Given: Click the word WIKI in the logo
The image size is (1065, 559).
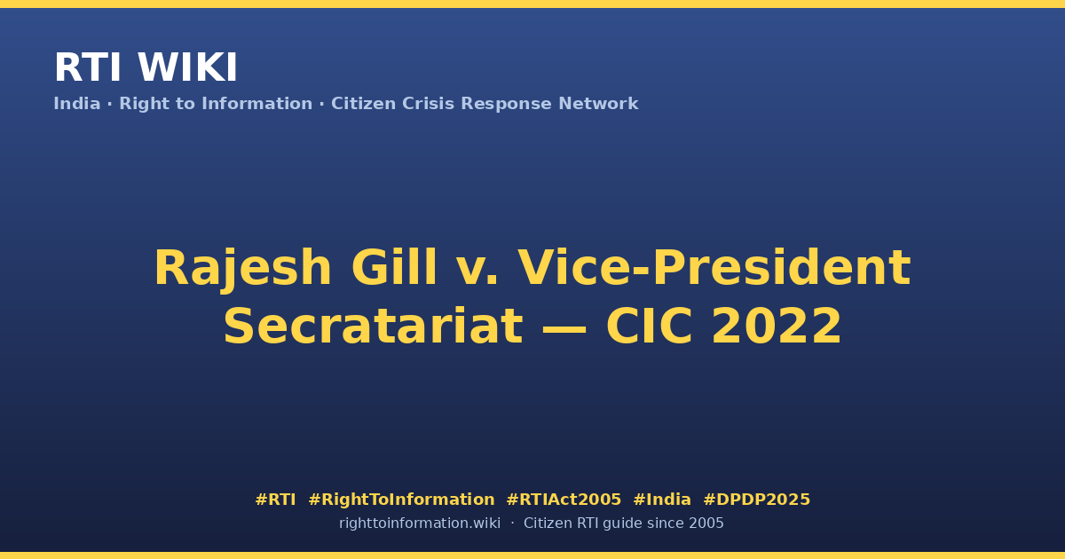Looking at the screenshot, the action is click(x=187, y=67).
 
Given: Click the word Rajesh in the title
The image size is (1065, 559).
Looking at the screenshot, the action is click(x=242, y=269).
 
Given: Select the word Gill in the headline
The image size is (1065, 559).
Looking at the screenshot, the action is click(x=394, y=267).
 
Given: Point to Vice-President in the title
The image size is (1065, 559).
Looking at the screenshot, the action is click(x=714, y=267).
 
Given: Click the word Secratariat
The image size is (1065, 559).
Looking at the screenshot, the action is click(x=374, y=327).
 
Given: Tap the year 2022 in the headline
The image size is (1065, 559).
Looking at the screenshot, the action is click(x=777, y=327).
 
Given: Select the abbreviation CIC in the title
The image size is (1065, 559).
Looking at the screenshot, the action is click(x=649, y=327).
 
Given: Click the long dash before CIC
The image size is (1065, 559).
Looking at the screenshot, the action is click(x=564, y=328).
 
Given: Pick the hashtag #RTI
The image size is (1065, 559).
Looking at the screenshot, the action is click(x=275, y=500).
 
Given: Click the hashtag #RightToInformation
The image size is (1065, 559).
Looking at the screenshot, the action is click(x=401, y=500).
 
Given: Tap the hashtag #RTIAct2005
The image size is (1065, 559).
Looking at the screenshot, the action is click(x=564, y=500).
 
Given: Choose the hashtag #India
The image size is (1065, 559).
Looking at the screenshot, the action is click(x=662, y=500).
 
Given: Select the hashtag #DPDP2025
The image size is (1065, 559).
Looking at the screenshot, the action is click(x=756, y=500).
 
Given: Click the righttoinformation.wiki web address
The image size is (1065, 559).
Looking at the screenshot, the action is click(x=419, y=524).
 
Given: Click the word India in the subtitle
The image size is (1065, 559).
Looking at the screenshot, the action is click(x=77, y=104).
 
